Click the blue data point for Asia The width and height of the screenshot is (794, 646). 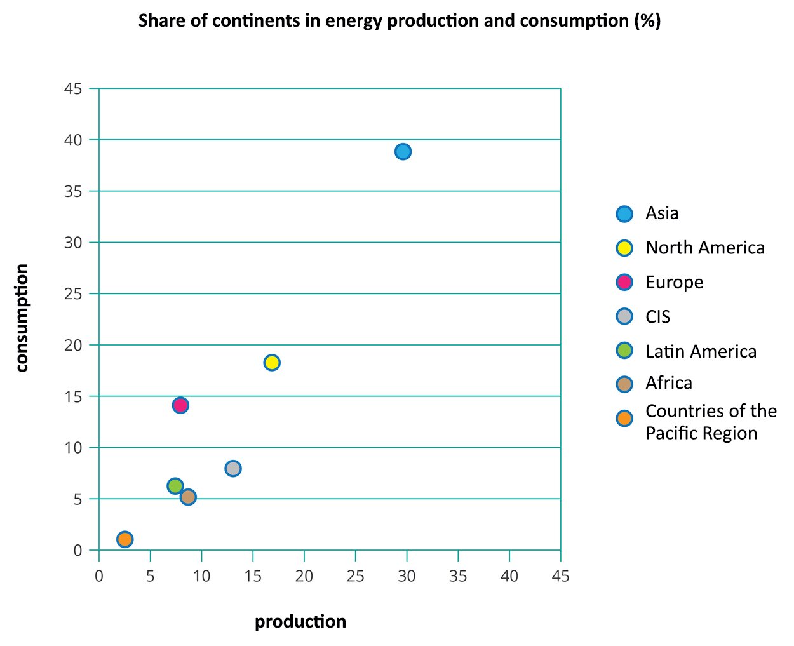(403, 151)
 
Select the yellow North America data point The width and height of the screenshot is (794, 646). (272, 363)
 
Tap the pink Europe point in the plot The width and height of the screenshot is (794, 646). (180, 405)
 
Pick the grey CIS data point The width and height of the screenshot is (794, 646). (233, 469)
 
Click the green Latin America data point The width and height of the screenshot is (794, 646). (175, 486)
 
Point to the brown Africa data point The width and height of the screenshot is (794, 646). (188, 497)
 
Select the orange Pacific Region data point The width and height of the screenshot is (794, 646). (125, 539)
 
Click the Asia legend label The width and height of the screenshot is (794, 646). (662, 213)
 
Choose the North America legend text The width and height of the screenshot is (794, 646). (705, 248)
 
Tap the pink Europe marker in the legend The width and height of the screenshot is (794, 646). (624, 282)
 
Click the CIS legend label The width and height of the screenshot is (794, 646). (657, 317)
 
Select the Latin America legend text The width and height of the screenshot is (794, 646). (701, 351)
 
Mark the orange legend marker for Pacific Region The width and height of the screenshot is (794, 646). (624, 419)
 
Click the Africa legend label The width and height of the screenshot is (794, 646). (669, 383)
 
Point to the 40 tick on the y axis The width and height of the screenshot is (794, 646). (73, 140)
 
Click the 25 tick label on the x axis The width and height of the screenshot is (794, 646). (355, 576)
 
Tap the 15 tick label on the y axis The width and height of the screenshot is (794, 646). (73, 396)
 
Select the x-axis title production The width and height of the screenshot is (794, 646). (300, 621)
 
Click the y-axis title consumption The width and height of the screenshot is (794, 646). (22, 318)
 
